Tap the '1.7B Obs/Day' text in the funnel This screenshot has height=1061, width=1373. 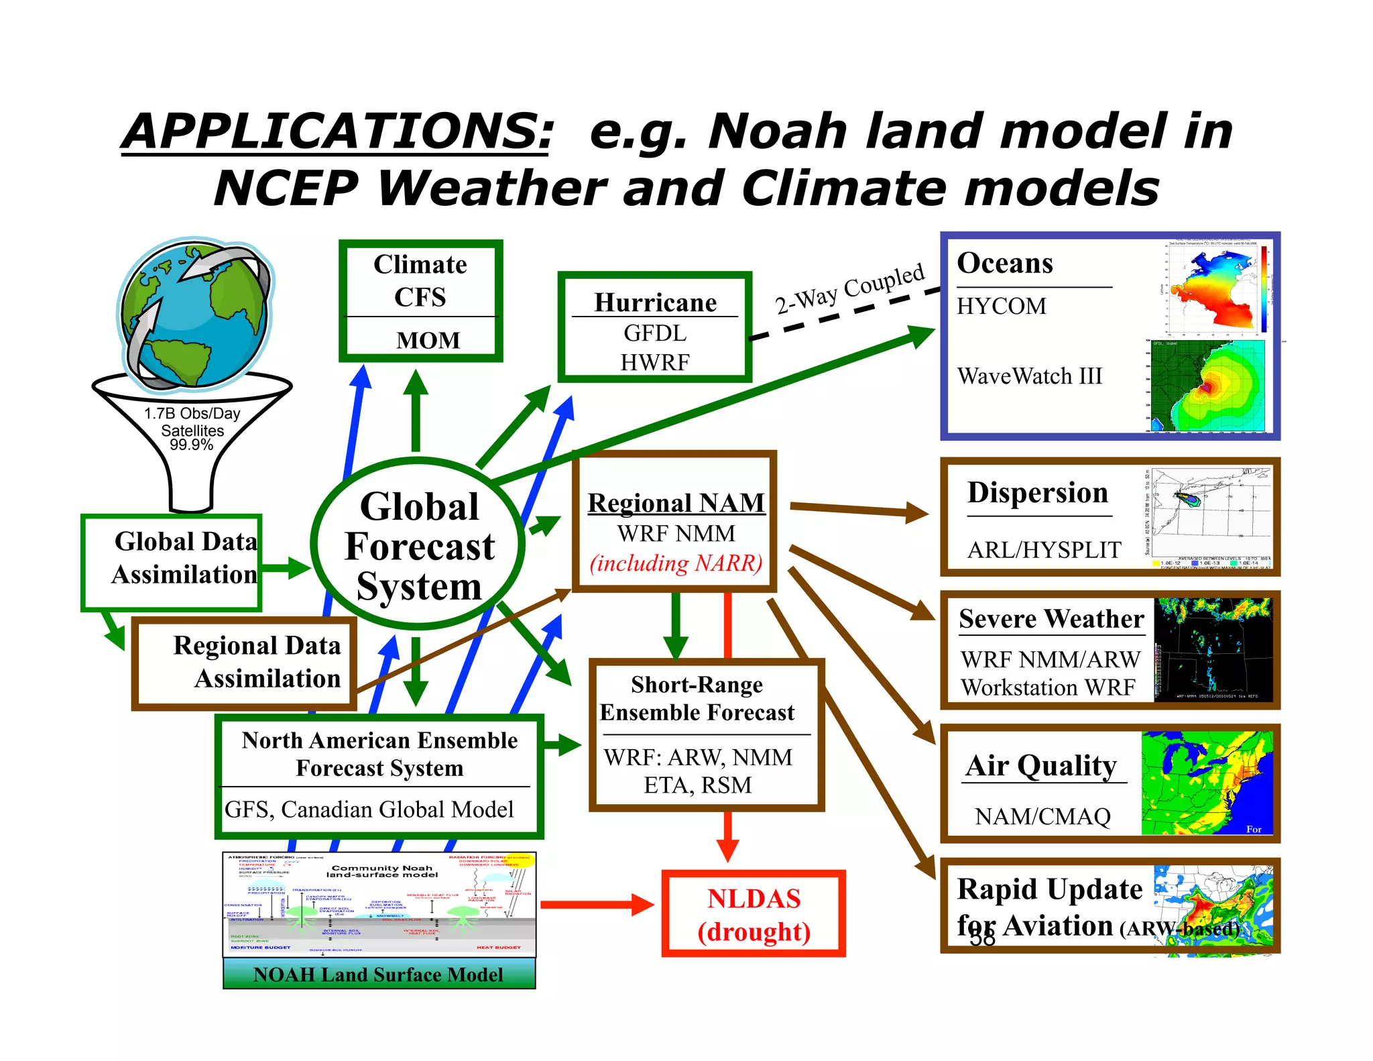click(192, 413)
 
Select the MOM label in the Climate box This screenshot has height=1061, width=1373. click(428, 340)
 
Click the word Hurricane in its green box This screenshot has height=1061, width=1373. click(655, 302)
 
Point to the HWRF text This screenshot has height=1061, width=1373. click(654, 362)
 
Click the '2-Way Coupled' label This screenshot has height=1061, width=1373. click(849, 288)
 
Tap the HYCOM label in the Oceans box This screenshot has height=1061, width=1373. click(1001, 306)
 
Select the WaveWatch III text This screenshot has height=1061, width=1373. click(1029, 376)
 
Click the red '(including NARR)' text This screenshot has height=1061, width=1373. click(676, 563)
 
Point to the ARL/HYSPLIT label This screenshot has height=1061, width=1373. click(1044, 550)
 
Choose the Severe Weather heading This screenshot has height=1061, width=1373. click(1051, 618)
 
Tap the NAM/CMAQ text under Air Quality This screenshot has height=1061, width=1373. click(1042, 816)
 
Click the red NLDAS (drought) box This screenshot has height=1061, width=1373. click(754, 914)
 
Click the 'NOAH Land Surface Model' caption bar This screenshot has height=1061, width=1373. click(379, 974)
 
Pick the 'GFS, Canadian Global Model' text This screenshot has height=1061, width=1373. click(369, 809)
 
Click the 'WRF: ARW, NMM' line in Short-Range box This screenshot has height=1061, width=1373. click(697, 757)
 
